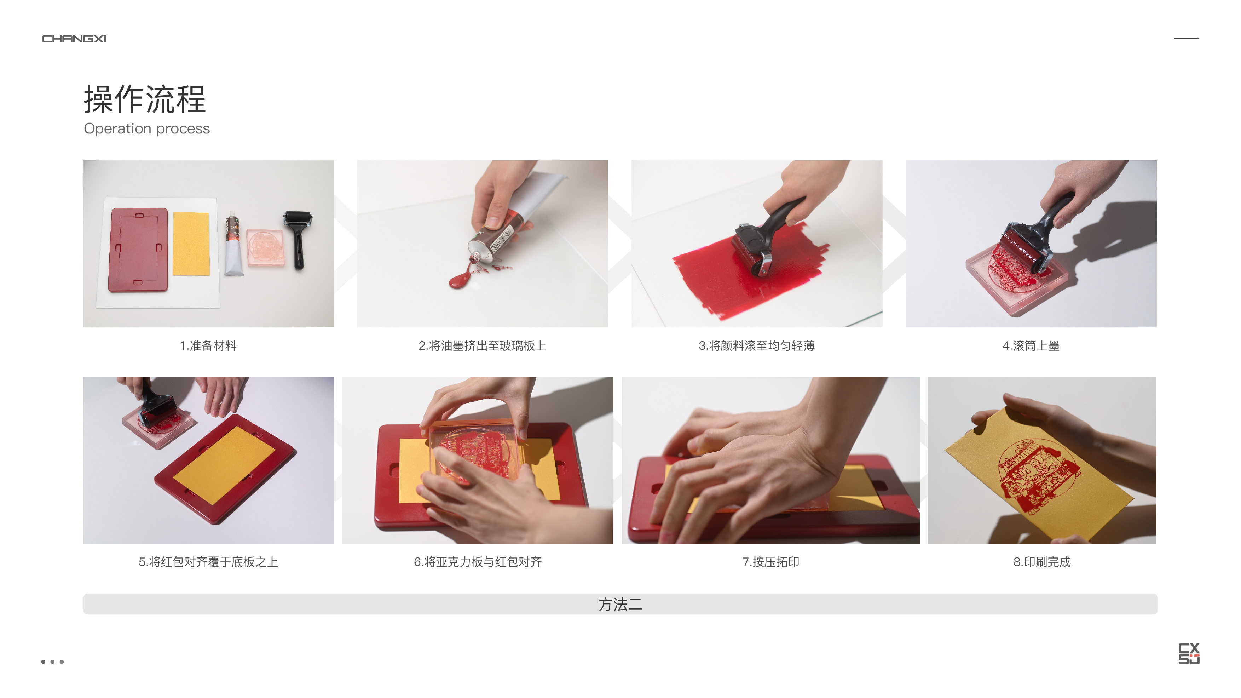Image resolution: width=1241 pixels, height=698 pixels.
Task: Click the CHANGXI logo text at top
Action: point(74,39)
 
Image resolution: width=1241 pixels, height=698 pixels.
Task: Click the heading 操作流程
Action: point(145,99)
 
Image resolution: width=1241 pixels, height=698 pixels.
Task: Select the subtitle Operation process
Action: point(146,129)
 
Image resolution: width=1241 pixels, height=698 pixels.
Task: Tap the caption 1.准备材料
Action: point(208,345)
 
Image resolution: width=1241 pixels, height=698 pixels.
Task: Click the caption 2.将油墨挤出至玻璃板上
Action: point(482,345)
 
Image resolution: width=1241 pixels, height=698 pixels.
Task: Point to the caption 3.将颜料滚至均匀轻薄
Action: point(756,345)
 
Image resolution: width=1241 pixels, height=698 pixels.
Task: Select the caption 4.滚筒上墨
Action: point(1031,345)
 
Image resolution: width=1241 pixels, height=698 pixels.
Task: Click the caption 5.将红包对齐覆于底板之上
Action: point(208,562)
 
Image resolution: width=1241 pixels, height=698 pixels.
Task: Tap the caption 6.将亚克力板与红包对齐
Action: point(478,562)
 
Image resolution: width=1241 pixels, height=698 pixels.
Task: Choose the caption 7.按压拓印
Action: point(770,562)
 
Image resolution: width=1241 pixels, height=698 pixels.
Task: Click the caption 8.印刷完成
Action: point(1041,562)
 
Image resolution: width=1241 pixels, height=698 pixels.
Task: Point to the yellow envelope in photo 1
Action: point(191,244)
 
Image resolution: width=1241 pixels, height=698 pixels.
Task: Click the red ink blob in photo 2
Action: point(460,280)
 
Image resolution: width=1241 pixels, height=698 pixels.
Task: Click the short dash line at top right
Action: point(1186,39)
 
